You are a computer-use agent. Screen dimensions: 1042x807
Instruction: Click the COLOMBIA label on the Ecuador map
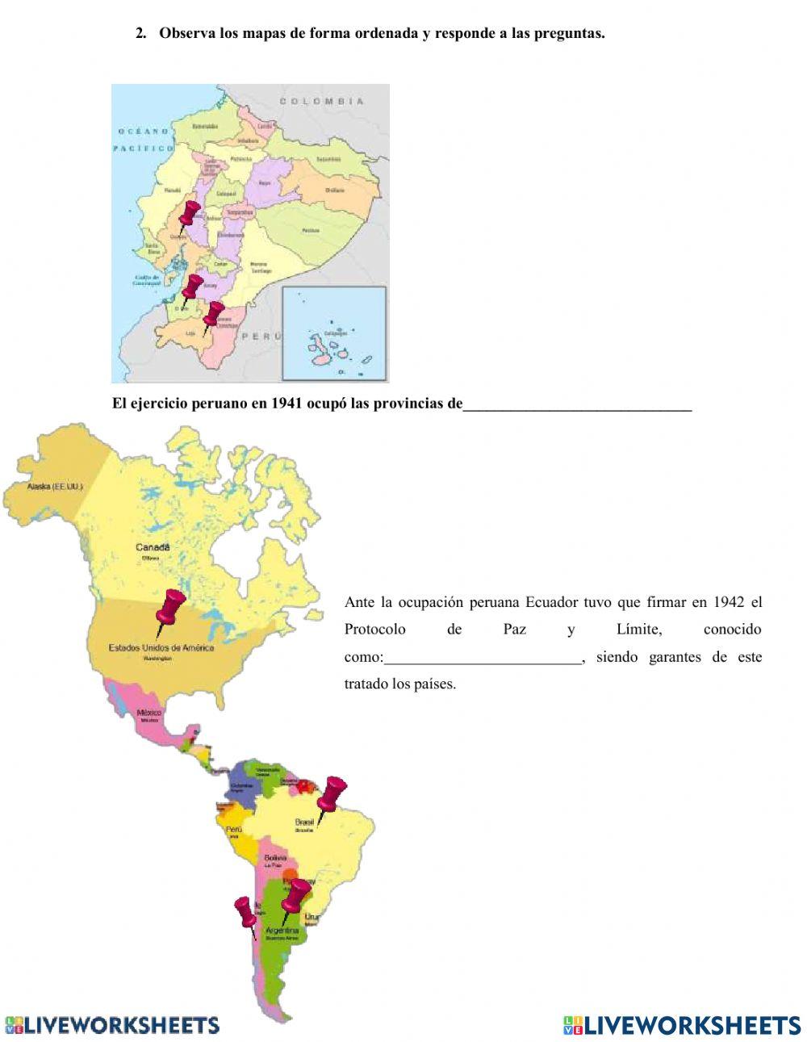click(322, 102)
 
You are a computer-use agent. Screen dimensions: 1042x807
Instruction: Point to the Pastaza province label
click(311, 230)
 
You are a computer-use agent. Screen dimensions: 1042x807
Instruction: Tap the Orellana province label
click(335, 190)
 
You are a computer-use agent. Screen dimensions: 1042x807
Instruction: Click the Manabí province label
click(173, 191)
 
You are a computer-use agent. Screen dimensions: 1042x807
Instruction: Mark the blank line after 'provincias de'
click(577, 404)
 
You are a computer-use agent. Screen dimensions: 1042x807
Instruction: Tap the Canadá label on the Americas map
click(152, 547)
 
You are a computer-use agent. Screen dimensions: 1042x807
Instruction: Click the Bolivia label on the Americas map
click(276, 857)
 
